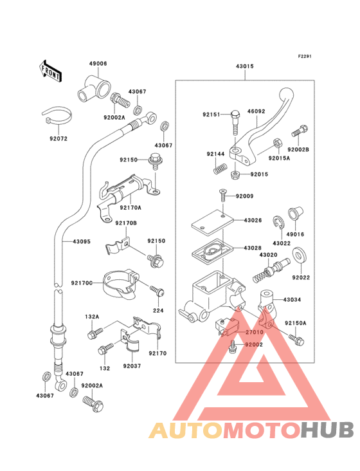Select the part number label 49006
point(98,64)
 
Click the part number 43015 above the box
point(244,66)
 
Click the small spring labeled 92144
point(221,168)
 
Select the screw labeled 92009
point(223,196)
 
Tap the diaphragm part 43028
point(213,251)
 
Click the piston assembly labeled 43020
point(271,270)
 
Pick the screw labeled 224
point(157,291)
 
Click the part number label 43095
point(82,241)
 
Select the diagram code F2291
point(305,56)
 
